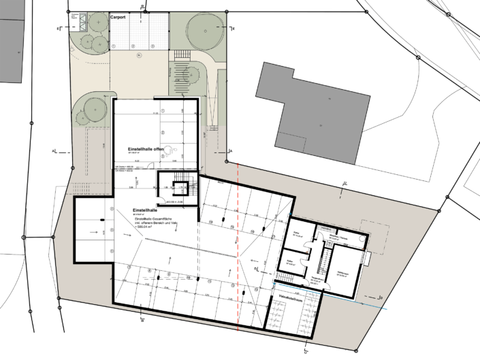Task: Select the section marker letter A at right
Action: click(231, 150)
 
